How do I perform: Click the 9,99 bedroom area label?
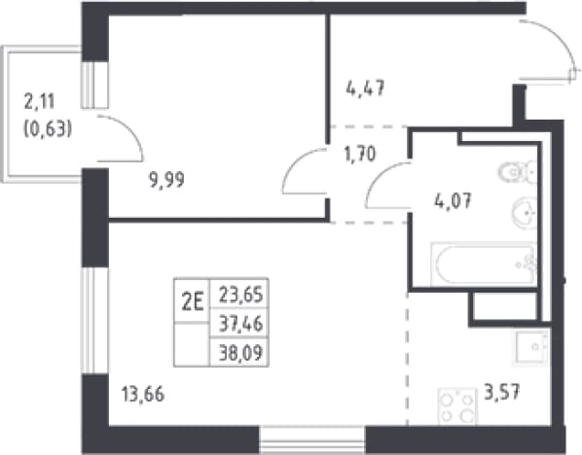coord(166,181)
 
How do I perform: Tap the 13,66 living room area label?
coord(143,394)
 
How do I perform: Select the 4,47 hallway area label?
coord(365,88)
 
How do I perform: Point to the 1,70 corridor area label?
coord(360,154)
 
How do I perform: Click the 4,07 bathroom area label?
coord(453,201)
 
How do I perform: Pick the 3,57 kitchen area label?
coord(502,392)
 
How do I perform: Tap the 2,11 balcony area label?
coord(39,102)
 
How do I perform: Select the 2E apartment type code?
coord(193,302)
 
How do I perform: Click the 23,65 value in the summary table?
coord(241,296)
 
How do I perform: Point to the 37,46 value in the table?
coord(241,324)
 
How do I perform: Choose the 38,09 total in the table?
coord(241,352)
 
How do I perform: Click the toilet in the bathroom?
coord(517,172)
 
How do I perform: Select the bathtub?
coord(484,264)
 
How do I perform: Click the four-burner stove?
coord(457,406)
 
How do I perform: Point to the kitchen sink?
coord(531,347)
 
